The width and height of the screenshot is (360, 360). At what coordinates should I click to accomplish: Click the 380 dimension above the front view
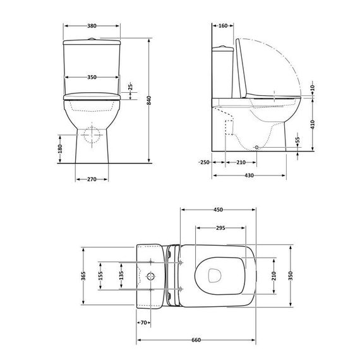tap(92, 27)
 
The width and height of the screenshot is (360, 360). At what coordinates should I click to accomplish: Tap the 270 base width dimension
tap(90, 179)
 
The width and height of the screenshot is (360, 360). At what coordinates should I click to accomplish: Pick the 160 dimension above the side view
tap(222, 27)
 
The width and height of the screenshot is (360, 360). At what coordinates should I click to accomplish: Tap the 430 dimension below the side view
tap(249, 175)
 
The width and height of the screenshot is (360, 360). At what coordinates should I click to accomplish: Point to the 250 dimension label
tap(203, 162)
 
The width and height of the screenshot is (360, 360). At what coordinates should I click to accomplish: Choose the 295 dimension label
tap(221, 227)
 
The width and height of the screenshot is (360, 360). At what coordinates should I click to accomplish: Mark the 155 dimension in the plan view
tap(100, 276)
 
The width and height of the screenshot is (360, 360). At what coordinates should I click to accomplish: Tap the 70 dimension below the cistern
tap(143, 322)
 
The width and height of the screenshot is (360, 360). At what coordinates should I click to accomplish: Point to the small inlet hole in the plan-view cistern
tap(150, 276)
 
